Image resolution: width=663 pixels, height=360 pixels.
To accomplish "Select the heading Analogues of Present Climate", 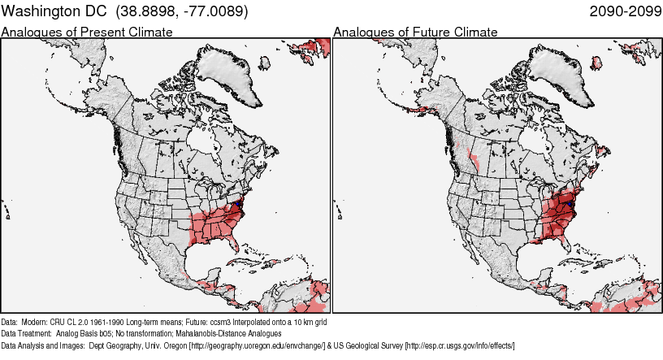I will click(x=87, y=33).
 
